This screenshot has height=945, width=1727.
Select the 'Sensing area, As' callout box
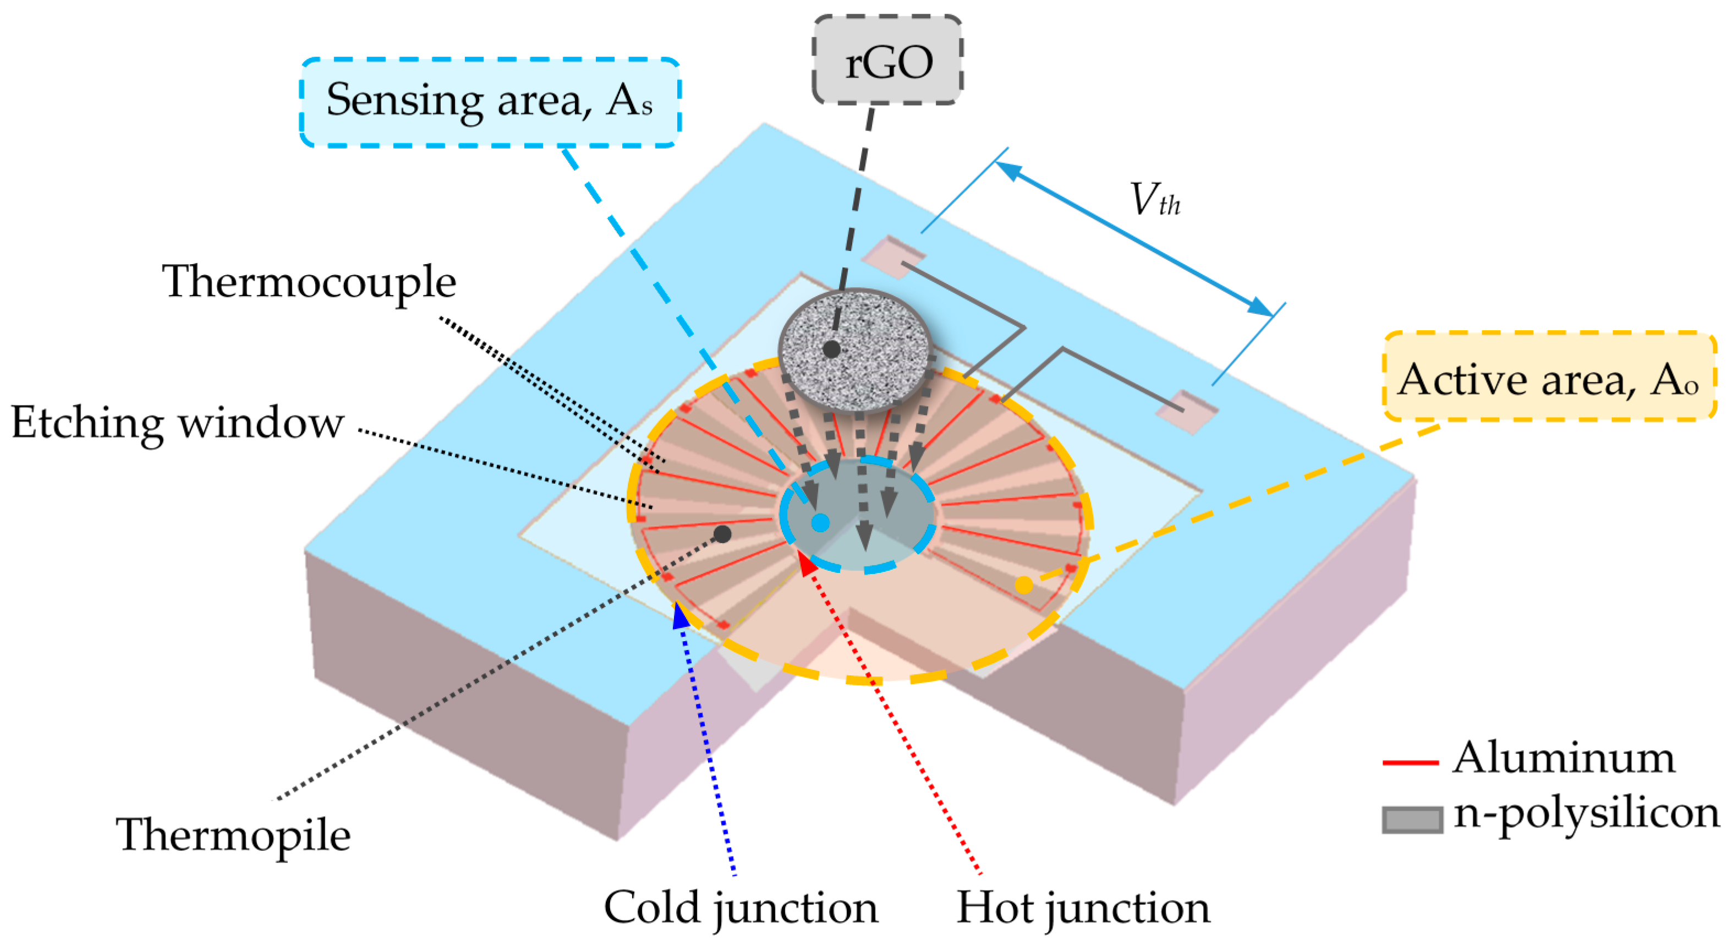pos(490,102)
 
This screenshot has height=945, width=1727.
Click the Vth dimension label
pos(1154,200)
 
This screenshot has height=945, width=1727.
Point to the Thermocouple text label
pos(309,282)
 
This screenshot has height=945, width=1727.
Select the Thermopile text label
pos(233,835)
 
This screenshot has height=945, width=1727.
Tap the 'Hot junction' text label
pos(1082,908)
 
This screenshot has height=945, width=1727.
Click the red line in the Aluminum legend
pos(1411,763)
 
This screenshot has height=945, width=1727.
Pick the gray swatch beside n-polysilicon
pos(1412,820)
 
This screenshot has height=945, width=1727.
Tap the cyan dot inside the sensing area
pos(820,522)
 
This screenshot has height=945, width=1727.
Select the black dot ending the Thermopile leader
pos(722,534)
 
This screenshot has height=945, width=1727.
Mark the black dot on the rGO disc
pos(831,349)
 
